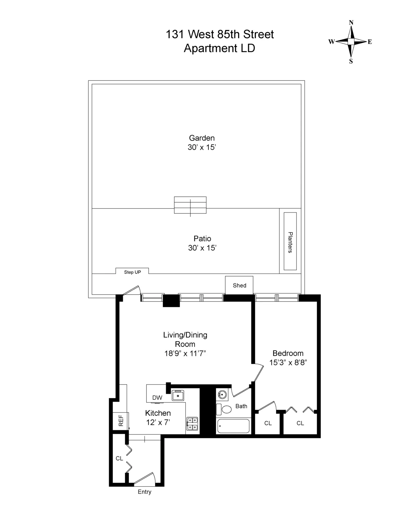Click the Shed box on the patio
point(239,285)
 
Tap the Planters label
point(290,242)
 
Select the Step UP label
point(132,272)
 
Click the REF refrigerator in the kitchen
point(120,421)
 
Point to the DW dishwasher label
point(157,398)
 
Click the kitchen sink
point(178,395)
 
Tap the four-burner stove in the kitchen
point(192,424)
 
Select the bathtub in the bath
point(233,426)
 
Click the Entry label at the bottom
point(144,492)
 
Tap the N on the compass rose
point(351,23)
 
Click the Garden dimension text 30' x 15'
point(202,147)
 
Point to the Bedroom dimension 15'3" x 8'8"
point(288,363)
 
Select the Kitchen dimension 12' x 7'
point(158,422)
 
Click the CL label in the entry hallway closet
point(119,458)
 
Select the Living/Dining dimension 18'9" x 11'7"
point(185,353)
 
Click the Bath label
point(241,406)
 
